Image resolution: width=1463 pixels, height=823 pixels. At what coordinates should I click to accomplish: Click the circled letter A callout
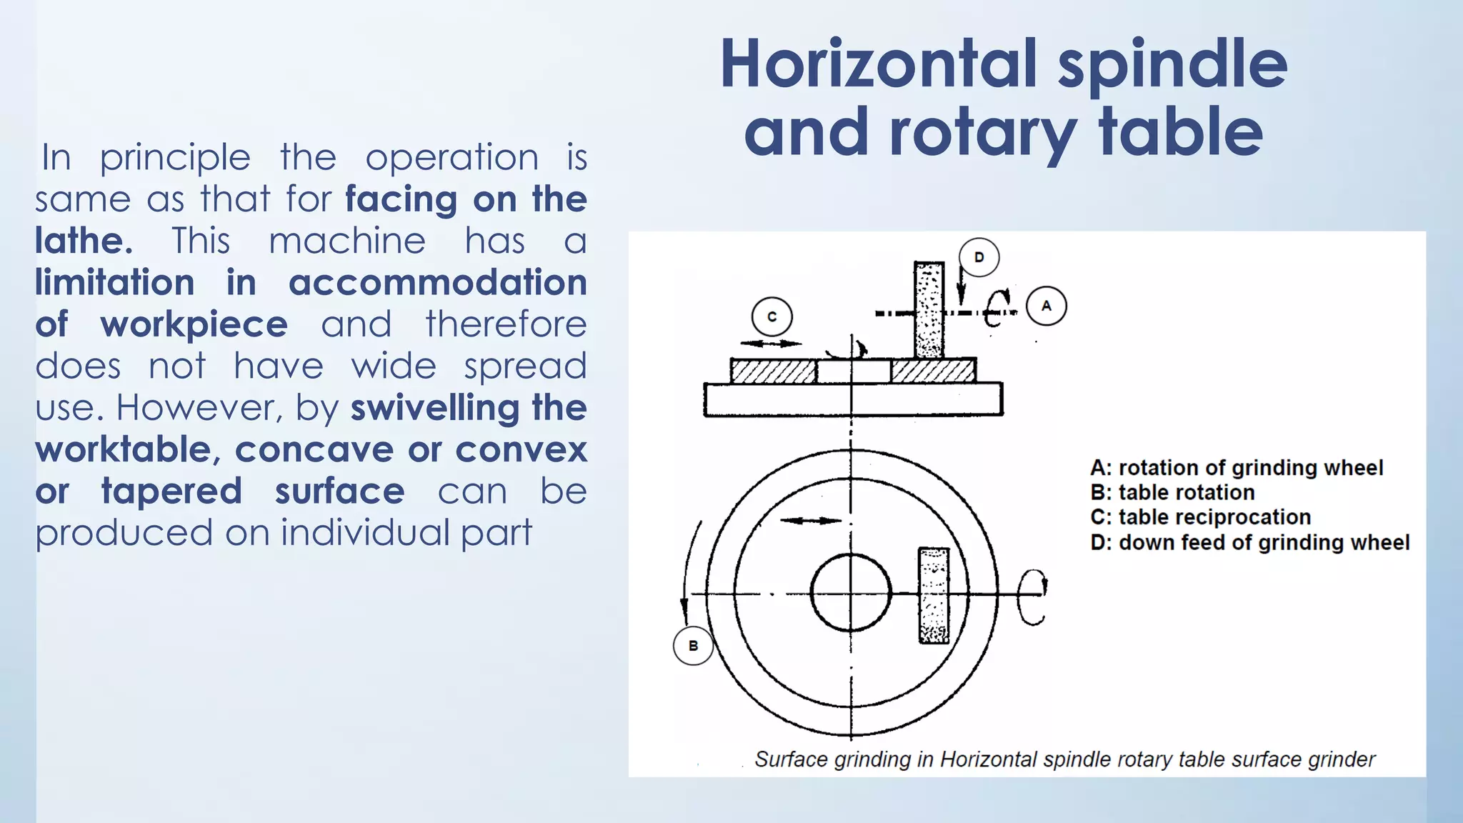pyautogui.click(x=1046, y=306)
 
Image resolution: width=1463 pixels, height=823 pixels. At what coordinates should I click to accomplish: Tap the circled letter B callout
pyautogui.click(x=693, y=646)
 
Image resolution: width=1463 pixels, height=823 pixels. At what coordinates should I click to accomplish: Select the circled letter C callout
pyautogui.click(x=772, y=316)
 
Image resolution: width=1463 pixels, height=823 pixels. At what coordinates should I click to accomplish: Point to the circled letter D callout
pyautogui.click(x=979, y=257)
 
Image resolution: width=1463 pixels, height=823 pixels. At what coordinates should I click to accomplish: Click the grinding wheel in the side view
pyautogui.click(x=929, y=309)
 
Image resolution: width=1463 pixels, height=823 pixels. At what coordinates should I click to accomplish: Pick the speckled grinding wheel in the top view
pyautogui.click(x=934, y=595)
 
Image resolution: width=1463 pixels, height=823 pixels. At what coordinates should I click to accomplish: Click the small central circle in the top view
pyautogui.click(x=851, y=592)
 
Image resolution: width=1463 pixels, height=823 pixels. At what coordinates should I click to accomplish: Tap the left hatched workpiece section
pyautogui.click(x=773, y=371)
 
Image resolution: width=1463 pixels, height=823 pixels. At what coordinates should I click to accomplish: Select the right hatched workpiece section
pyautogui.click(x=933, y=371)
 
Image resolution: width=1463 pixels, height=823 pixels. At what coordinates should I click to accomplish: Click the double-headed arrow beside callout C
pyautogui.click(x=772, y=344)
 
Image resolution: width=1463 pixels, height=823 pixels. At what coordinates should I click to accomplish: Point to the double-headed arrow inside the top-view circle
pyautogui.click(x=810, y=521)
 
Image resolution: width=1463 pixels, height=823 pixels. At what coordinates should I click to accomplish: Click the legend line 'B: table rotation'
pyautogui.click(x=1172, y=492)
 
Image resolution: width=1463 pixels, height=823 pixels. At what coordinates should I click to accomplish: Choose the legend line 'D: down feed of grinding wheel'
pyautogui.click(x=1249, y=542)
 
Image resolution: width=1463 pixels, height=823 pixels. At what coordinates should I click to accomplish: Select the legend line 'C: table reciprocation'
pyautogui.click(x=1200, y=517)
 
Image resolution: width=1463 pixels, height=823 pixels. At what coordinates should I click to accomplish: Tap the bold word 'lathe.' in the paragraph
pyautogui.click(x=84, y=241)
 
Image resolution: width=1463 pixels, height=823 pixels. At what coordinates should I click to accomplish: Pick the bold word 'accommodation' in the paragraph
pyautogui.click(x=437, y=282)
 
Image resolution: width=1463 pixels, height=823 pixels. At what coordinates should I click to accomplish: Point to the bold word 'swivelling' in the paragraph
pyautogui.click(x=434, y=408)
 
